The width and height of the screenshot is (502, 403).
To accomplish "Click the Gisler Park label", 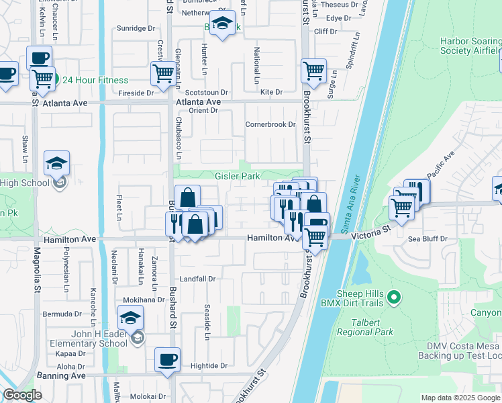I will [x=237, y=177].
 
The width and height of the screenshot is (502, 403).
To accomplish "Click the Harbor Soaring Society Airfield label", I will [x=470, y=45].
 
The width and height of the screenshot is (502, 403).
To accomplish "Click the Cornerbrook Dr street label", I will [x=270, y=124].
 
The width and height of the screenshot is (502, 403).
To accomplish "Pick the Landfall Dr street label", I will [x=197, y=279].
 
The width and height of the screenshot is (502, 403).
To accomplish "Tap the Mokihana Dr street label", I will [x=142, y=300].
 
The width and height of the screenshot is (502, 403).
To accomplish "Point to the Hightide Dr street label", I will [x=209, y=366].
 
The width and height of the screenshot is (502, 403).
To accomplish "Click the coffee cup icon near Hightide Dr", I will [x=167, y=359].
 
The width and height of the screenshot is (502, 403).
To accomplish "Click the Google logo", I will [x=23, y=396].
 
